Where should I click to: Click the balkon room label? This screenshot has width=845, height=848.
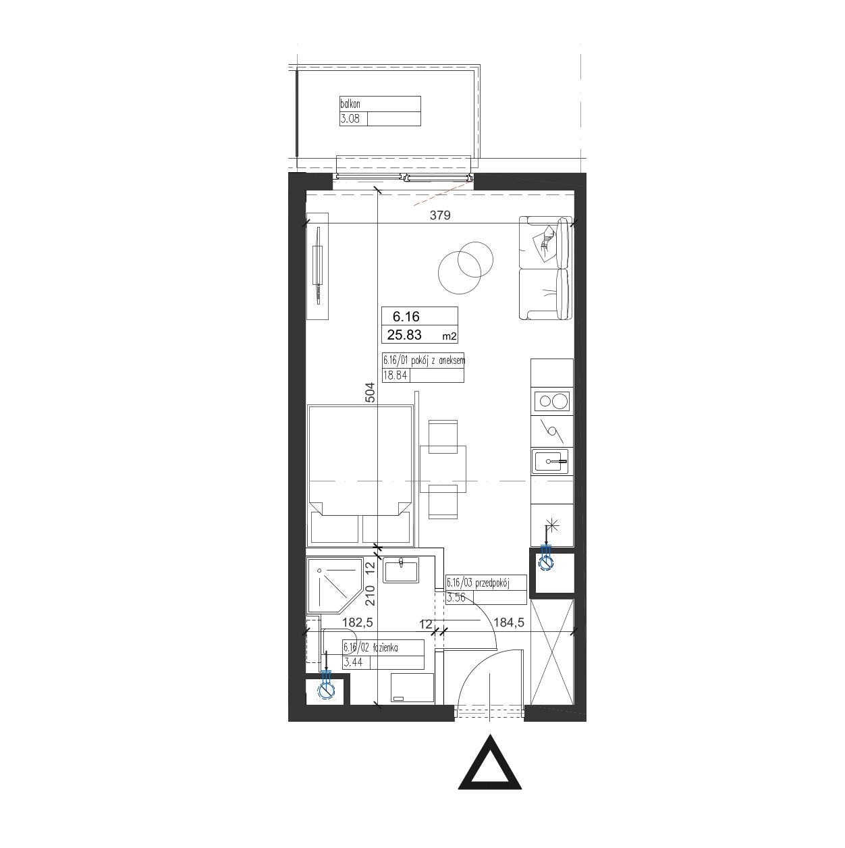350,104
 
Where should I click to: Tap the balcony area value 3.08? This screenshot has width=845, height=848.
350,119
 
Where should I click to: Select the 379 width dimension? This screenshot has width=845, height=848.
440,215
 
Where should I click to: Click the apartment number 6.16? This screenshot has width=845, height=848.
406,317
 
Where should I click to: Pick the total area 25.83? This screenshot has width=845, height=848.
404,336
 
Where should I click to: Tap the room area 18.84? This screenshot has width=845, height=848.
396,375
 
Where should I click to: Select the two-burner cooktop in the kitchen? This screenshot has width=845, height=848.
552,401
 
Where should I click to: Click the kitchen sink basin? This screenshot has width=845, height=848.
547,462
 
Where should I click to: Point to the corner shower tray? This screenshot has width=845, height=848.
335,585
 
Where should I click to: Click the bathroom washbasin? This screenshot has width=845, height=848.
401,571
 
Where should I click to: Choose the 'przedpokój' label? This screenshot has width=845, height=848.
492,583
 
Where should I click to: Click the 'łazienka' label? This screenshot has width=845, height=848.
385,647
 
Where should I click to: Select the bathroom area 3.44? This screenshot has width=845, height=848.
353,662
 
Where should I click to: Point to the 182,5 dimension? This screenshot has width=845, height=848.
358,622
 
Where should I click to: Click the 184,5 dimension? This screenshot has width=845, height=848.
509,622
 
